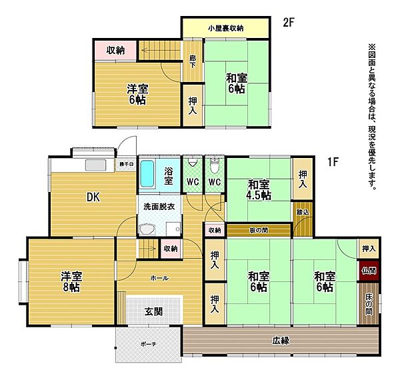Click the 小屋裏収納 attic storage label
click(225, 28)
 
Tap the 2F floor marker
click(288, 22)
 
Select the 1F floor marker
click(333, 161)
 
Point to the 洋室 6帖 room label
click(137, 94)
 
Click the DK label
click(93, 197)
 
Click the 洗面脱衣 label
click(159, 207)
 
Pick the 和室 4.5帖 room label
click(259, 189)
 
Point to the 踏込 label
click(302, 213)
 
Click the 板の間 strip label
click(259, 231)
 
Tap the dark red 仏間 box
click(369, 271)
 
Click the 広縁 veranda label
click(281, 340)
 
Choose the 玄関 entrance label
click(154, 310)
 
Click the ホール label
click(159, 277)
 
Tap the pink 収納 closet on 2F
click(115, 51)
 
